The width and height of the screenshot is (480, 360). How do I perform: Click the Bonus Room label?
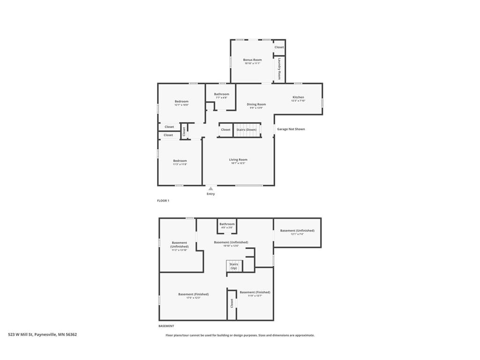252,60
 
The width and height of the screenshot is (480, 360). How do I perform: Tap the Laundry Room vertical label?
279,69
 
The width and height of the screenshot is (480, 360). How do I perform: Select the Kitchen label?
298,97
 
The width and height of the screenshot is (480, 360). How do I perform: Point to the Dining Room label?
256,105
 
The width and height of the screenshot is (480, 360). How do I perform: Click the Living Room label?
238,160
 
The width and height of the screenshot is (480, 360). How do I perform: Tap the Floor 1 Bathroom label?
222,94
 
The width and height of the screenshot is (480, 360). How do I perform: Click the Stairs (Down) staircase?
247,130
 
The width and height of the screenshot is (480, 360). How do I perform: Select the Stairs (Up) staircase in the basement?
233,266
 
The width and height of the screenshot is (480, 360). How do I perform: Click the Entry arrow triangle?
210,188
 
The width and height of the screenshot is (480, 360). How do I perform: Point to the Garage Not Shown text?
291,129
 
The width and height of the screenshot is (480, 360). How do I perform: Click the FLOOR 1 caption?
163,201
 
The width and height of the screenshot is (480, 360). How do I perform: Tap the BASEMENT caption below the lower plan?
166,326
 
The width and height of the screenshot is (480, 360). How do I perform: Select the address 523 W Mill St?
42,335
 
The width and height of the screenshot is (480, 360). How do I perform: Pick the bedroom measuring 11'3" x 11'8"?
180,162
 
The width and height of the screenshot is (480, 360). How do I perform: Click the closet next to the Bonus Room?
279,47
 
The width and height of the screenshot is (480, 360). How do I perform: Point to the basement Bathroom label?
227,224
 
